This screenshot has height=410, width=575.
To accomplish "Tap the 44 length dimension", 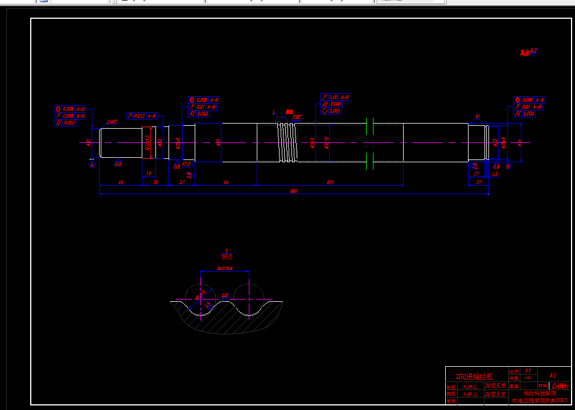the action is pyautogui.click(x=120, y=182).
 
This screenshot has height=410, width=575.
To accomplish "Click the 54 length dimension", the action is pyautogui.click(x=225, y=182).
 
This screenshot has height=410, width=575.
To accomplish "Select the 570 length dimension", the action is pyautogui.click(x=330, y=182).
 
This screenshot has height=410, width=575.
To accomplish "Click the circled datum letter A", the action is pyautogui.click(x=92, y=165).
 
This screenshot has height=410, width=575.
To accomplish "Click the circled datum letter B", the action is pyautogui.click(x=508, y=166).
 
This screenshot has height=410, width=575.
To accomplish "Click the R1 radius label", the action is pyautogui.click(x=478, y=117).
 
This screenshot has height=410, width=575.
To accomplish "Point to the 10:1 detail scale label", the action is pyautogui.click(x=227, y=257).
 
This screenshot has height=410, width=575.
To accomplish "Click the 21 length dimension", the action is pyautogui.click(x=478, y=182).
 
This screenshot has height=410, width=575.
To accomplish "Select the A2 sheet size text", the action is pyautogui.click(x=552, y=376).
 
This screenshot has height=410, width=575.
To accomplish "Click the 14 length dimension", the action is pyautogui.click(x=149, y=173).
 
